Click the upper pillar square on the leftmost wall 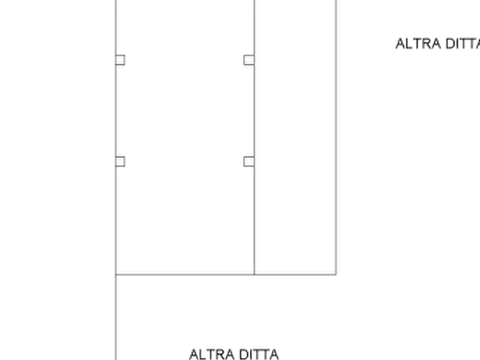[120, 60]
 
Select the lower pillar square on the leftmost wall [120, 162]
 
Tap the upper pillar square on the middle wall [249, 60]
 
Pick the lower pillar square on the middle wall [249, 162]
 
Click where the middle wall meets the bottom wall [254, 274]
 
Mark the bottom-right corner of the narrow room [336, 274]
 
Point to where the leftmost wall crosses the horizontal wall [116, 275]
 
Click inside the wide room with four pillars [185, 137]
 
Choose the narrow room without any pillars [296, 137]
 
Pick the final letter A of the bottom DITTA [274, 355]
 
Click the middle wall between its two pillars [254, 111]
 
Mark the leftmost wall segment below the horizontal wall [116, 318]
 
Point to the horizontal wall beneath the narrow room [296, 274]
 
